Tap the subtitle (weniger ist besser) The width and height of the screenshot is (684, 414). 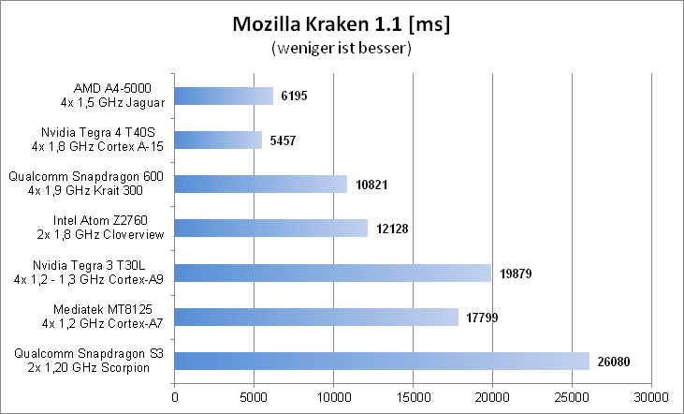tap(341, 47)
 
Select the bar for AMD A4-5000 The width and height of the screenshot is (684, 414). tap(224, 96)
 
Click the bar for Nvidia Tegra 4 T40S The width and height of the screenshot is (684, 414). tap(218, 140)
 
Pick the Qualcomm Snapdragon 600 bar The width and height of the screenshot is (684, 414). tap(260, 184)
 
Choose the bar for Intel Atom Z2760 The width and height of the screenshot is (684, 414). tap(271, 228)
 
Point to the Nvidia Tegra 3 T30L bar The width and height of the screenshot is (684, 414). tap(332, 273)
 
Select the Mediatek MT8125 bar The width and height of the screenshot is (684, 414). tap(316, 317)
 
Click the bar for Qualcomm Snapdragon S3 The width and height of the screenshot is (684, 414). tap(382, 361)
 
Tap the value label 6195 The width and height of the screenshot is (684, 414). tap(294, 96)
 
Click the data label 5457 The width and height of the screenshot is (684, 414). tap(283, 140)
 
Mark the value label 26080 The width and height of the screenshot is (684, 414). tap(615, 361)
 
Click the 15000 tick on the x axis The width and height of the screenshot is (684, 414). tap(413, 397)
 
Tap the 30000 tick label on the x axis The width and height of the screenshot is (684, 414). tap(651, 397)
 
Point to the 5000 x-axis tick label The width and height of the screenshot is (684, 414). tap(254, 397)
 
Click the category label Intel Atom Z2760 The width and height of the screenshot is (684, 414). tap(110, 228)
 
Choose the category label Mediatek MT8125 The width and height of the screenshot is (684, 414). tap(110, 317)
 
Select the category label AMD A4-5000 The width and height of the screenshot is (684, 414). tap(110, 96)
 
